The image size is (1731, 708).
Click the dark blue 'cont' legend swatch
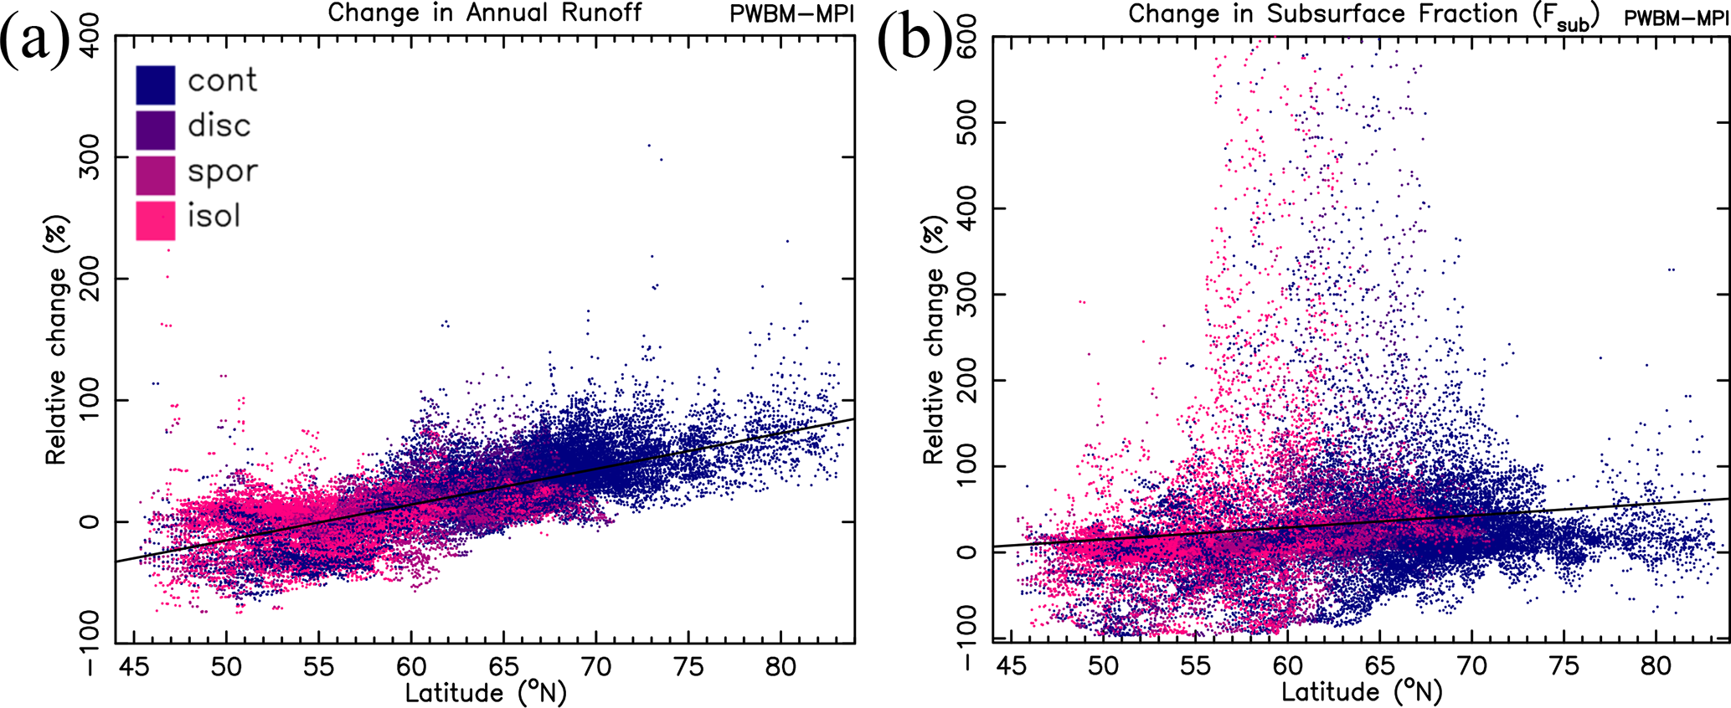pyautogui.click(x=156, y=85)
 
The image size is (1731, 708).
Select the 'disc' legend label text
pyautogui.click(x=219, y=126)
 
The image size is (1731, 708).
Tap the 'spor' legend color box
pyautogui.click(x=156, y=175)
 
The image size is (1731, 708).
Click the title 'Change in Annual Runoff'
pyautogui.click(x=485, y=13)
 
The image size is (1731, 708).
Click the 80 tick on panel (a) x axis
pyautogui.click(x=780, y=668)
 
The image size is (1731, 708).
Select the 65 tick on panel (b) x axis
pyautogui.click(x=1380, y=668)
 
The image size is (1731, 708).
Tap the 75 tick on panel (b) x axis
pyautogui.click(x=1564, y=668)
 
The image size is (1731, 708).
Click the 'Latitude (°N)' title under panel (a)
pyautogui.click(x=486, y=693)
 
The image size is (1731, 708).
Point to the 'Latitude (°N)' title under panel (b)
pyautogui.click(x=1362, y=693)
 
